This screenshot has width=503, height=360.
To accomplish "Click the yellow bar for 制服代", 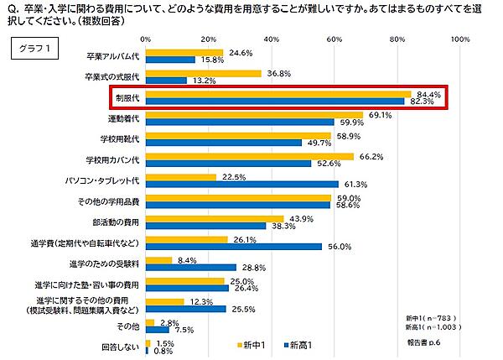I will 277,94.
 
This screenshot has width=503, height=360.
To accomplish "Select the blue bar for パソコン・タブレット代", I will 242,183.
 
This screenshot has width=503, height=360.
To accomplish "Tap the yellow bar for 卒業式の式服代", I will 203,73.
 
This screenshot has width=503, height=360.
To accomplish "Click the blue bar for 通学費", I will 234,247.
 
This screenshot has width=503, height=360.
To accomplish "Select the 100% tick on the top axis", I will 459,39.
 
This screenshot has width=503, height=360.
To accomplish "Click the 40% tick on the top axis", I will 271,39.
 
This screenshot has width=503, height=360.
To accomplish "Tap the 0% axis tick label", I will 146,39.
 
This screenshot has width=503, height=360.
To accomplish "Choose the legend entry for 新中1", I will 252,344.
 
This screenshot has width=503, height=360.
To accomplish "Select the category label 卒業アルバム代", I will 112,56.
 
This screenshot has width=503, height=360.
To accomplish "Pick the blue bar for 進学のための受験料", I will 191,268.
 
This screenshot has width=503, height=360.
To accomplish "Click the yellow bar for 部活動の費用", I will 215,218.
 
